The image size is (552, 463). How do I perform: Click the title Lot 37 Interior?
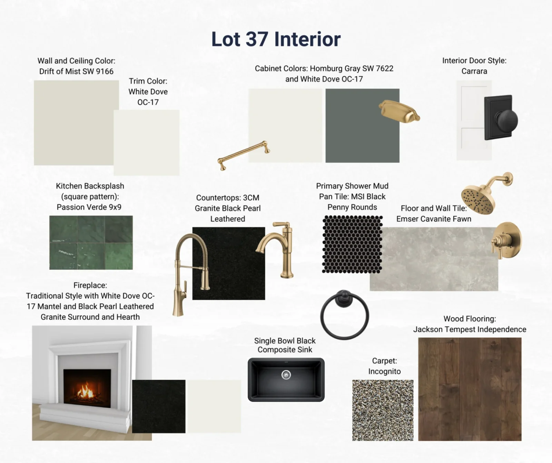tap(276, 39)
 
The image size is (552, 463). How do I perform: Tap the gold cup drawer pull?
tap(399, 111)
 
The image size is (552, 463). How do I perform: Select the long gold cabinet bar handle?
tap(244, 155)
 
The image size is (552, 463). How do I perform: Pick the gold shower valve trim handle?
tap(506, 240)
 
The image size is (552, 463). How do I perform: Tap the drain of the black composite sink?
tap(286, 375)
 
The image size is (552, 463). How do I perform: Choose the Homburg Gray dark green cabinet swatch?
tap(362, 126)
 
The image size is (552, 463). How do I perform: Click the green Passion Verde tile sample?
tap(91, 242)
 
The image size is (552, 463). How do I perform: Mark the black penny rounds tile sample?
tap(352, 244)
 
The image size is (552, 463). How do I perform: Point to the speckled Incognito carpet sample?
tap(383, 410)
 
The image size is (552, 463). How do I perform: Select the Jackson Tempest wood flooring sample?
tap(470, 389)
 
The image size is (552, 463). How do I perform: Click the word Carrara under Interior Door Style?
tap(474, 71)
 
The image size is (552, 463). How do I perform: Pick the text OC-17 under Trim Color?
tap(148, 102)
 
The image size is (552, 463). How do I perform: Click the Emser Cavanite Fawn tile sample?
tap(434, 259)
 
